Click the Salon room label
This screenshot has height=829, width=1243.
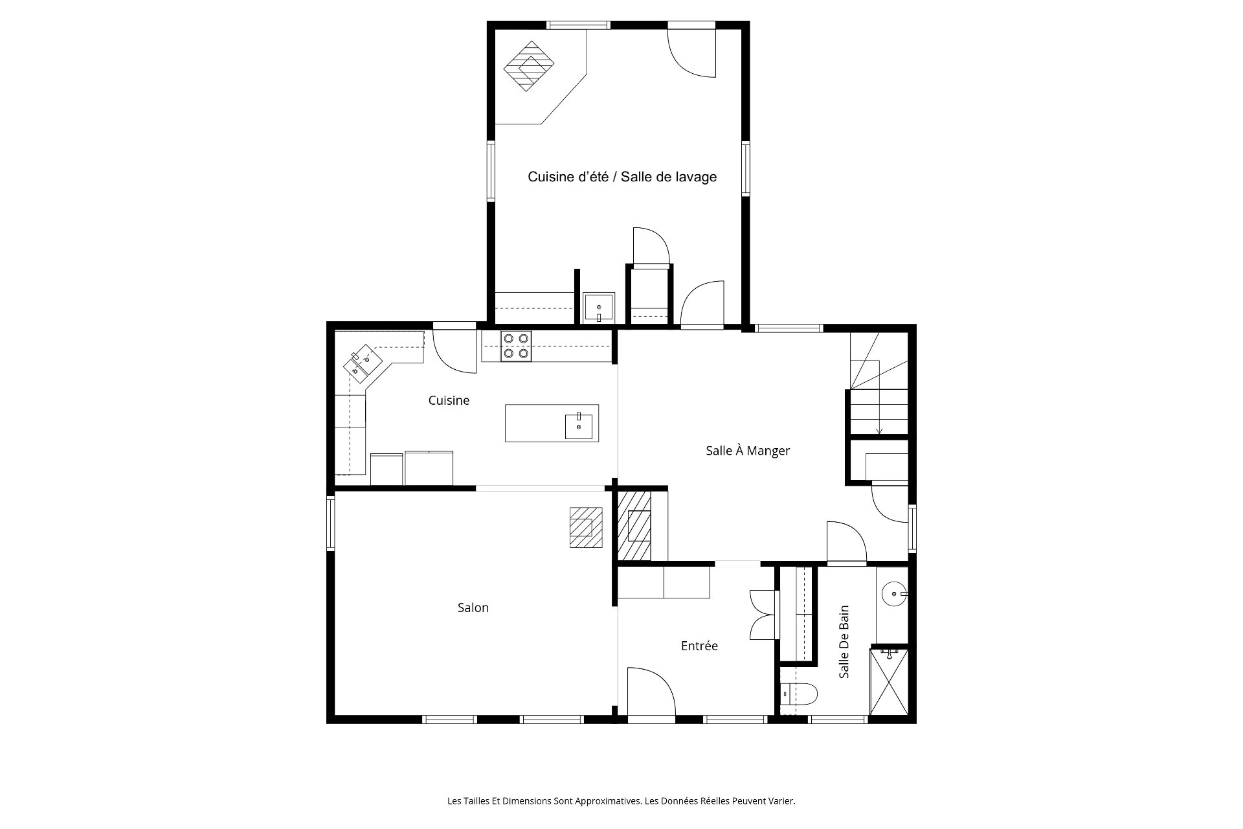(473, 608)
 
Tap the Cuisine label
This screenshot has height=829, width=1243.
(449, 400)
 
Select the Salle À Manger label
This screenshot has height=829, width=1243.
(748, 450)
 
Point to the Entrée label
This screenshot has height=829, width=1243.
(699, 646)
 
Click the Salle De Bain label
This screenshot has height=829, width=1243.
(844, 642)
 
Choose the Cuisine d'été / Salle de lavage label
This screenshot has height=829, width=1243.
(622, 176)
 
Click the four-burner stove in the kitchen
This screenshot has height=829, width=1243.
(515, 346)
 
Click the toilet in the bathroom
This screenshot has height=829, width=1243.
(798, 694)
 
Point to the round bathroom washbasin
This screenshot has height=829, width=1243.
(895, 593)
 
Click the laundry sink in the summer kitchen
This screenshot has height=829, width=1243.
(599, 307)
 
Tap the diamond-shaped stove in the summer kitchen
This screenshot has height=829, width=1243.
(529, 66)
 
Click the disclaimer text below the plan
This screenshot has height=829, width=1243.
(621, 801)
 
